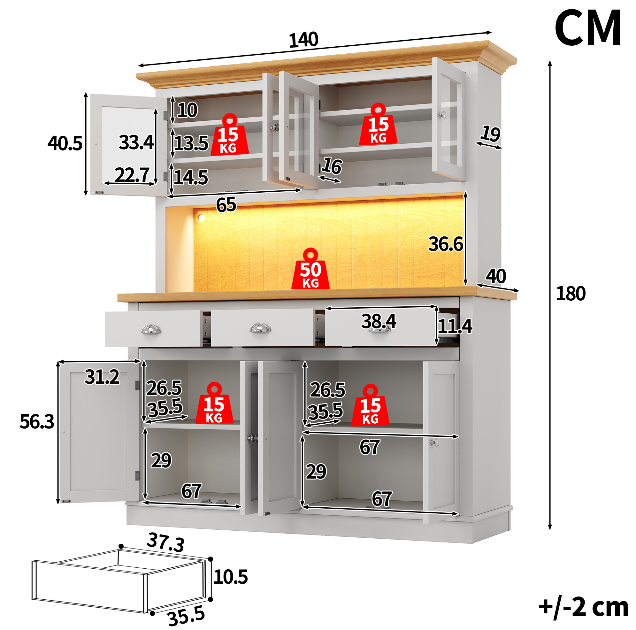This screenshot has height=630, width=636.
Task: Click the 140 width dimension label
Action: [303, 40]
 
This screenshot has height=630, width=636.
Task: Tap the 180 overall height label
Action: [571, 294]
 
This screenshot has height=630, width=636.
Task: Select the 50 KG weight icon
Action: [310, 269]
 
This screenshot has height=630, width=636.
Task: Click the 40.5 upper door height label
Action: [65, 143]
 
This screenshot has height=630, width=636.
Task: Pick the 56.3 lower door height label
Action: [37, 422]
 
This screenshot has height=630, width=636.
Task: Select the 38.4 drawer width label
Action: [379, 321]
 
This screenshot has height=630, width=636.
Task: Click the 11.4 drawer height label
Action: [455, 327]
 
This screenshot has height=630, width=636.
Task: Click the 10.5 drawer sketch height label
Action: [230, 577]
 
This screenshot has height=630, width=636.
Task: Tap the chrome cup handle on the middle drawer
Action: [260, 328]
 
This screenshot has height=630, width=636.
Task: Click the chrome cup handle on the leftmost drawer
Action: [151, 329]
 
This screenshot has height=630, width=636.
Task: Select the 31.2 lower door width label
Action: [102, 377]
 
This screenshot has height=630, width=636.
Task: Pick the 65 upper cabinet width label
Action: [226, 205]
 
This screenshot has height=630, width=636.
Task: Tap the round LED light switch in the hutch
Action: [201, 218]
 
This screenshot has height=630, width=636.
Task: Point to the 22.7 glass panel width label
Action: [132, 174]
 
